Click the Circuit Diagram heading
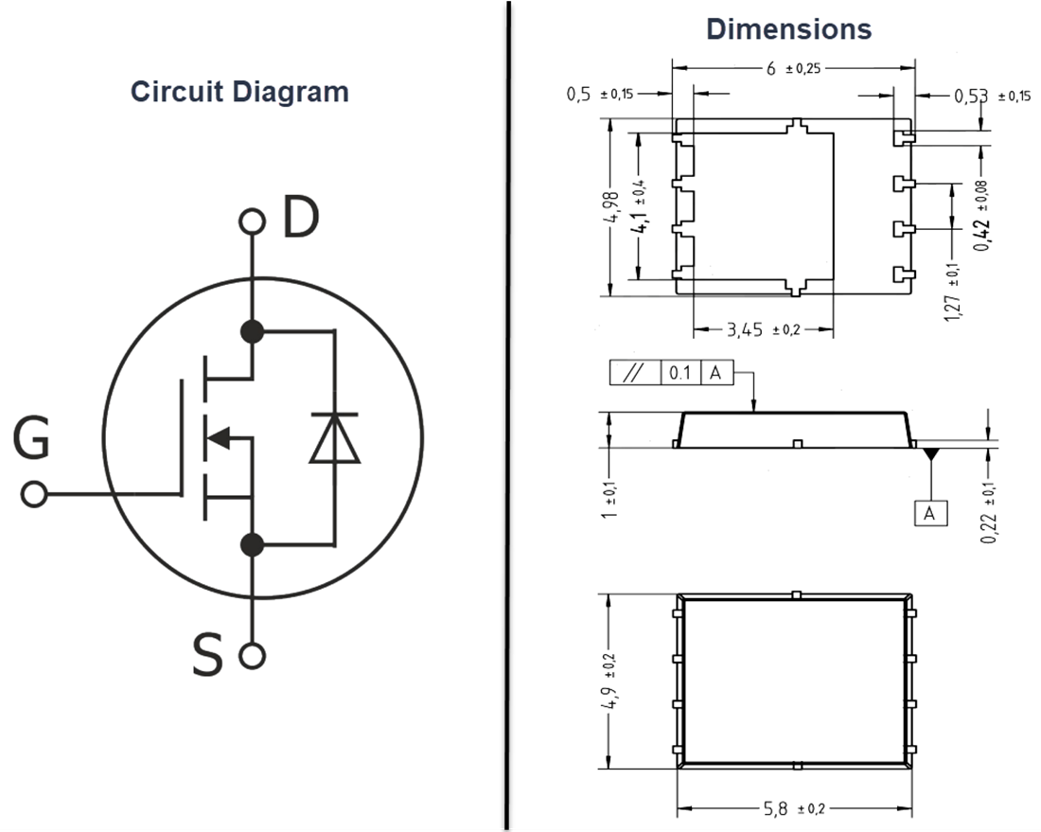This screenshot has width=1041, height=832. (x=239, y=92)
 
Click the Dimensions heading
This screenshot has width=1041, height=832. (x=788, y=29)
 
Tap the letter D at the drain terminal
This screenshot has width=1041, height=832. (x=302, y=219)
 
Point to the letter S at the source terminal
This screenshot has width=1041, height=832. (x=207, y=656)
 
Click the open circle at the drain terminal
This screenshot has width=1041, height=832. (x=252, y=221)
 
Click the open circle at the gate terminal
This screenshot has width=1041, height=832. (x=35, y=494)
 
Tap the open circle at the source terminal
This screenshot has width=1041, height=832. (x=252, y=655)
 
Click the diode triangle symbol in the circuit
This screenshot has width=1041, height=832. (x=335, y=439)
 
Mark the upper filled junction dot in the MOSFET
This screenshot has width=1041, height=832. (x=252, y=331)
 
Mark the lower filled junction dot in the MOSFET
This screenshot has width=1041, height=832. (x=252, y=544)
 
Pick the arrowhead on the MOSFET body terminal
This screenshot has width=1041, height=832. (x=218, y=437)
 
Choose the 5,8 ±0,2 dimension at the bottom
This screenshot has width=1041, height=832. (x=793, y=809)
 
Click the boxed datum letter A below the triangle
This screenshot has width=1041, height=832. (x=930, y=513)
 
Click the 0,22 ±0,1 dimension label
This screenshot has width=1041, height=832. (x=990, y=511)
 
